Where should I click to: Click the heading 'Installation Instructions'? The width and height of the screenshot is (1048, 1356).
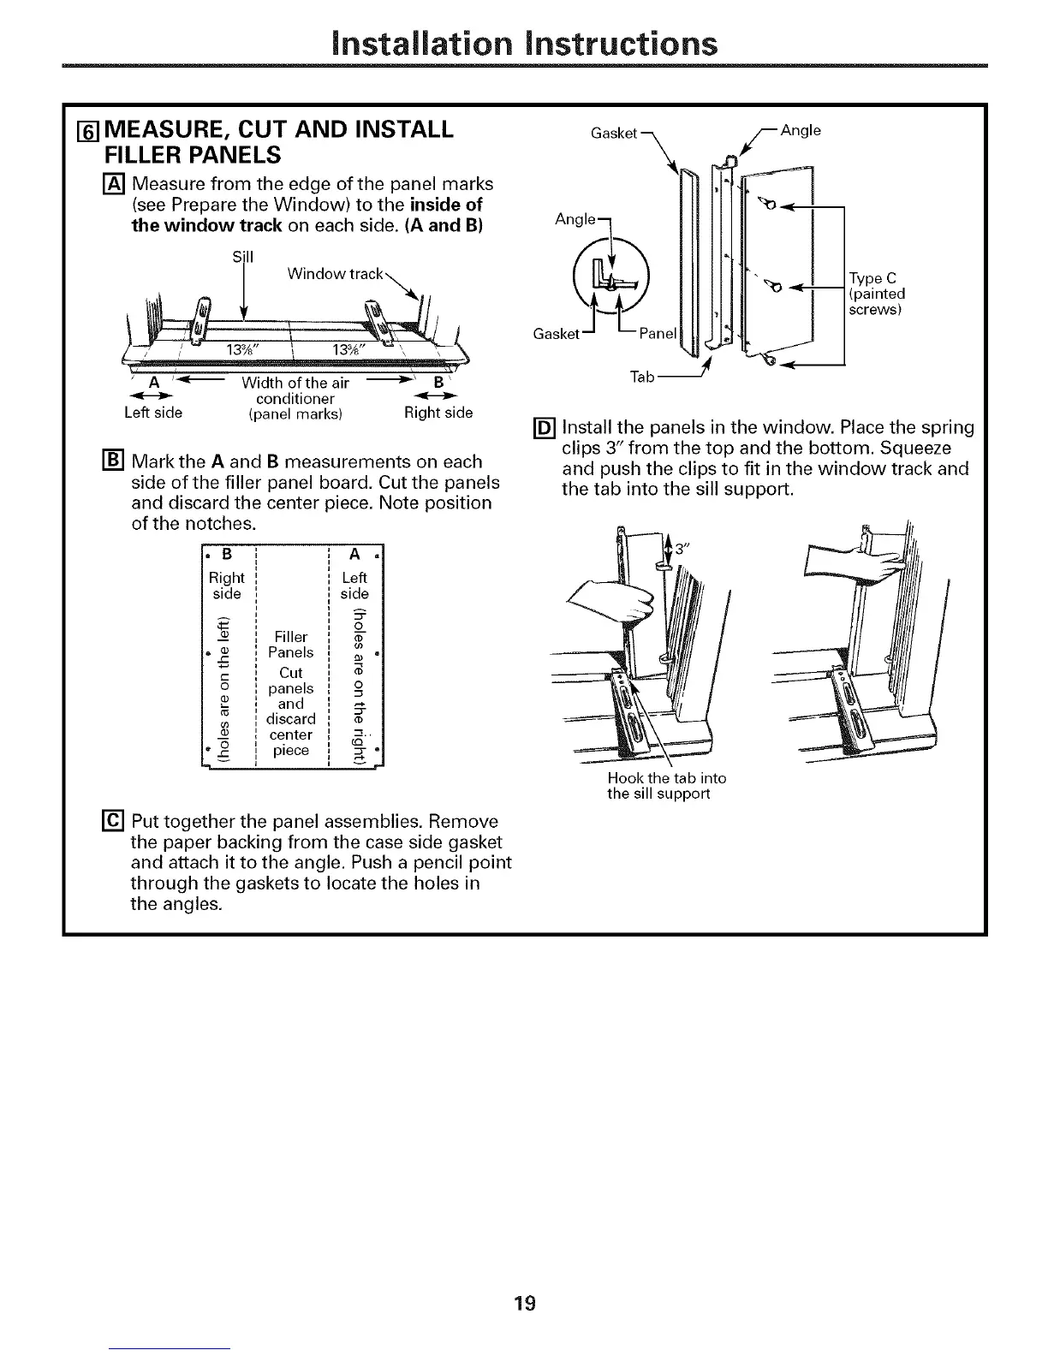click(x=524, y=42)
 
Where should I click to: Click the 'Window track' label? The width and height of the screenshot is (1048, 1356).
click(x=335, y=274)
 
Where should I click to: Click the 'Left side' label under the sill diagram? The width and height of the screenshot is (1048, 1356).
click(x=153, y=413)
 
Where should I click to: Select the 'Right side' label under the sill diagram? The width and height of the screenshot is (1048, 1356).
click(x=438, y=413)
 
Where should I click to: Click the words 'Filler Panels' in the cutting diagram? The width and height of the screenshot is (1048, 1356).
click(x=290, y=644)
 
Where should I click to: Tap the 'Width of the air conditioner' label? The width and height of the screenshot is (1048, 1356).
click(x=295, y=391)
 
